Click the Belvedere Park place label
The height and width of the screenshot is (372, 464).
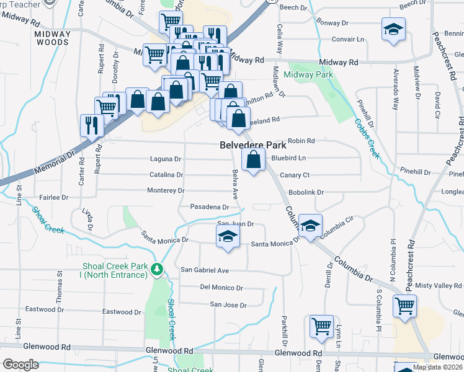pos(253,146)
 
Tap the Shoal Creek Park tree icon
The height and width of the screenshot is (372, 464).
pos(158,269)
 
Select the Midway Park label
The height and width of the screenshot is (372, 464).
pos(308,74)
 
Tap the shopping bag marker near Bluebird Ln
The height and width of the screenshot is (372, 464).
pos(253,161)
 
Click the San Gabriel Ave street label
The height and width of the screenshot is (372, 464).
pos(205,270)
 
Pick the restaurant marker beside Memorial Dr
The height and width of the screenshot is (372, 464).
pos(92,123)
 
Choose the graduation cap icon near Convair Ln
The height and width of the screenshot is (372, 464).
pos(392,30)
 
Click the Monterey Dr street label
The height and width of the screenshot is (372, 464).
pos(166,190)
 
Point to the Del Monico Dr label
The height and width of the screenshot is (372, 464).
pos(221,288)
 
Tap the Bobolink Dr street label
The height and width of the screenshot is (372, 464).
pos(306,193)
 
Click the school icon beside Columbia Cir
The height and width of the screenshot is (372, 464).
pos(310,224)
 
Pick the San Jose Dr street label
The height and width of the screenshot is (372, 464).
pos(228,304)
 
